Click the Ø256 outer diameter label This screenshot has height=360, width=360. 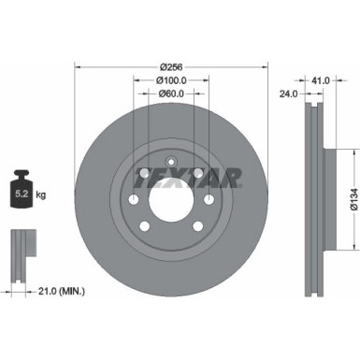pos(170,66)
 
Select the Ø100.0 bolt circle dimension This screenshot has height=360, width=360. pos(170,80)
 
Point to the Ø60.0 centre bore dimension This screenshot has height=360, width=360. pos(170,94)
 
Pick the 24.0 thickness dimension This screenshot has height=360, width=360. pos(291,94)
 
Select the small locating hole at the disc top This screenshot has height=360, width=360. pos(170,160)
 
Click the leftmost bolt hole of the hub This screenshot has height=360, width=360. pos(134,199)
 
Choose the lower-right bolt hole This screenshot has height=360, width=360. pos(197,225)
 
